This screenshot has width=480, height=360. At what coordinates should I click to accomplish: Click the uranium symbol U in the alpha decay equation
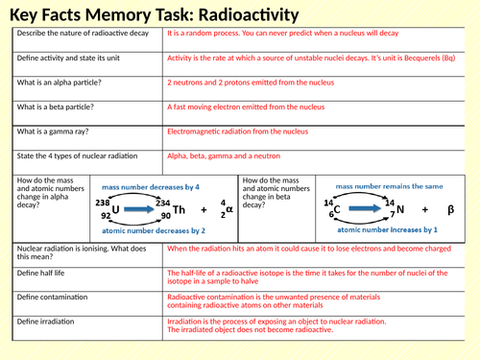[116, 208]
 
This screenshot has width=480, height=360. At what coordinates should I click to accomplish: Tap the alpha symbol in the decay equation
[228, 209]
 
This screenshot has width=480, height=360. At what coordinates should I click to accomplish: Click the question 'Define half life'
[42, 273]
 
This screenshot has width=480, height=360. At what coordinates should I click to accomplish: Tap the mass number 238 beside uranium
[103, 203]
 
